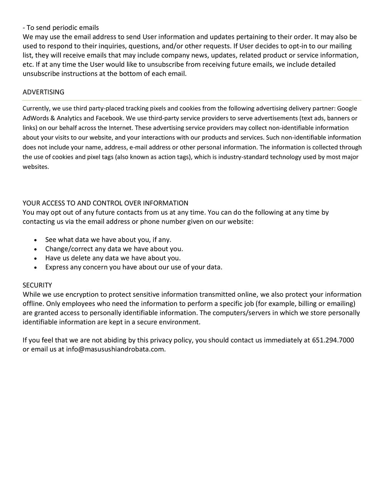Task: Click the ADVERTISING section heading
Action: click(44, 92)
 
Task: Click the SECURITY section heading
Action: click(37, 285)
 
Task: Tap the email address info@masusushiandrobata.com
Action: click(115, 349)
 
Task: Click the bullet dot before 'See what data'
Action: click(36, 240)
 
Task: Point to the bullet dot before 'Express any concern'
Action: click(36, 267)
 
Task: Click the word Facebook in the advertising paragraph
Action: click(109, 118)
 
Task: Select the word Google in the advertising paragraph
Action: click(347, 109)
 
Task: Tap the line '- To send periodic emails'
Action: click(61, 28)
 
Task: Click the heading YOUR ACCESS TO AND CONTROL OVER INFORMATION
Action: click(105, 203)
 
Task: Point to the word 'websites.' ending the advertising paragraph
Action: click(36, 167)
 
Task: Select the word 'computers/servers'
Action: click(241, 313)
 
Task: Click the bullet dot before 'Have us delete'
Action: click(36, 258)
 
